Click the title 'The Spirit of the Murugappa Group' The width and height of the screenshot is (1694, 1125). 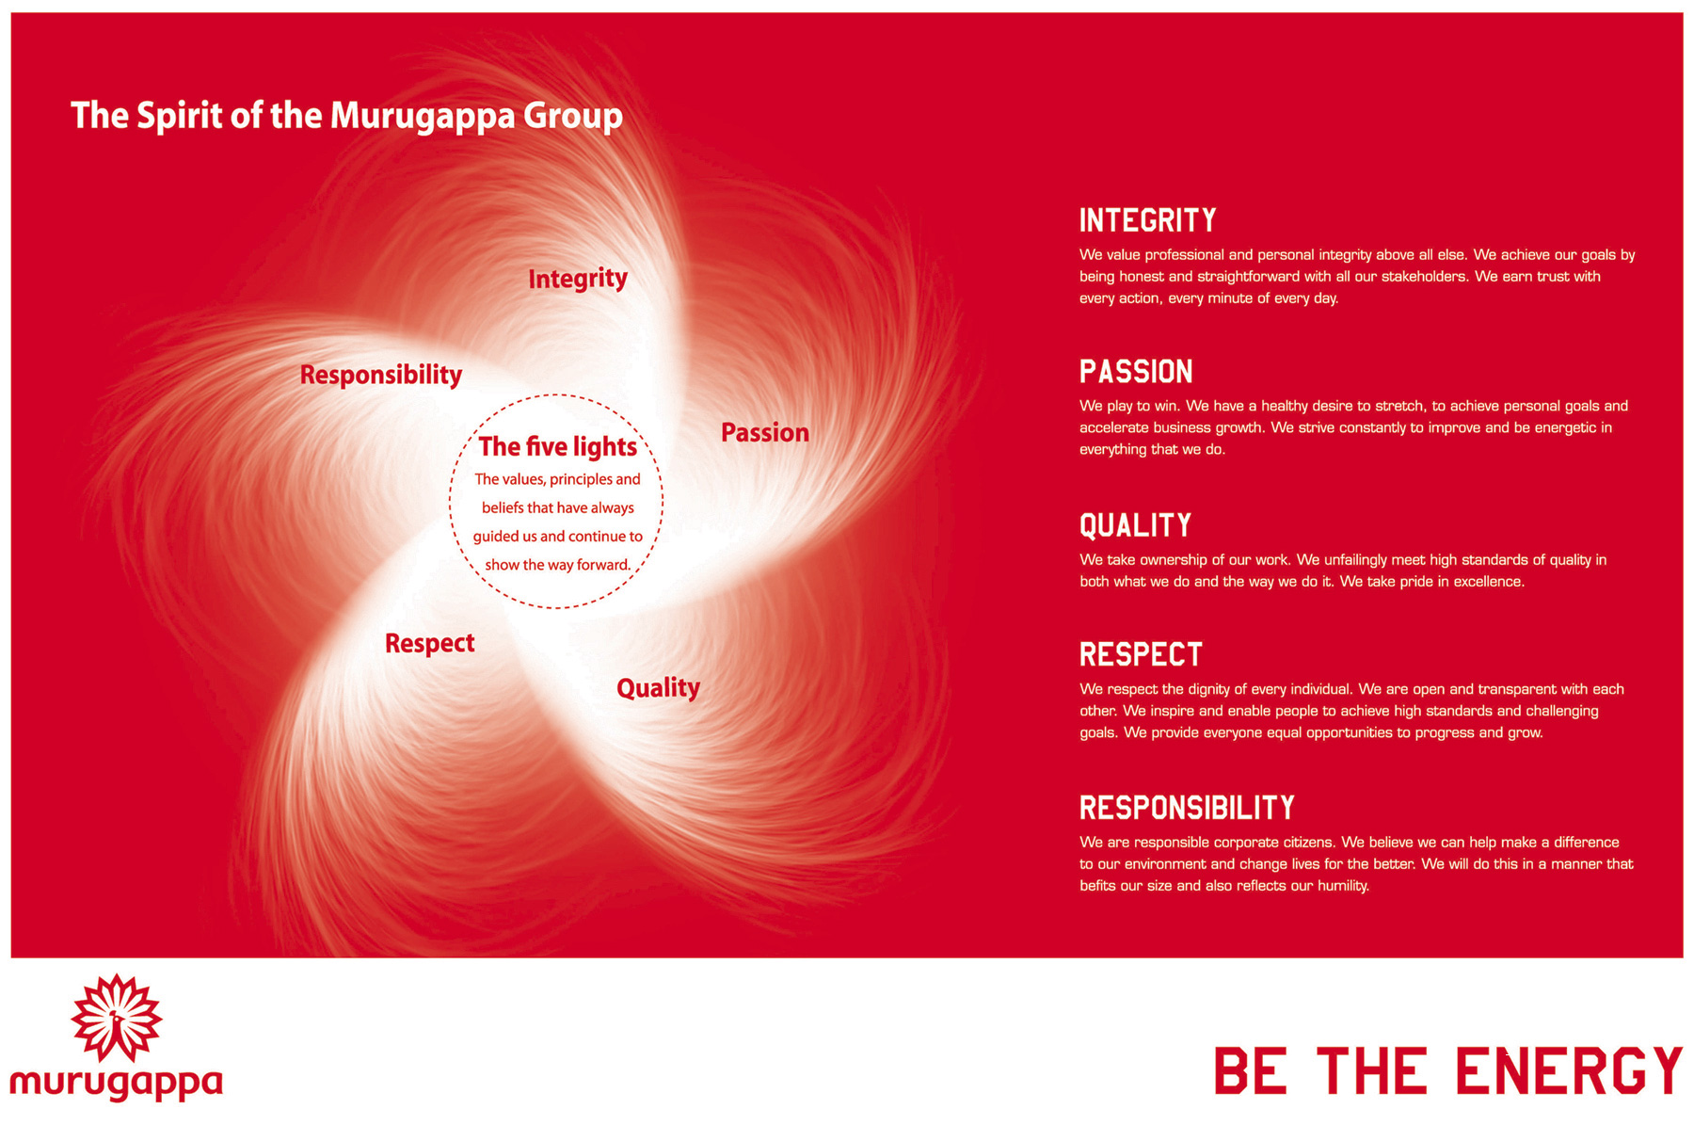click(346, 116)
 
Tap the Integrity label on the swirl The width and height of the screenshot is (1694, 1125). click(577, 279)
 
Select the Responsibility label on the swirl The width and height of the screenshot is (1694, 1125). click(380, 375)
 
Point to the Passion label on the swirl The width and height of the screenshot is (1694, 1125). click(764, 433)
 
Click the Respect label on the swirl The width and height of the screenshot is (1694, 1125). click(429, 643)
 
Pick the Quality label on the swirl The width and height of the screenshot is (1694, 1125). click(658, 688)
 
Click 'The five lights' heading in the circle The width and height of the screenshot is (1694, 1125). click(557, 446)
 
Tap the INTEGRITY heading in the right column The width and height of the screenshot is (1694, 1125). click(1147, 220)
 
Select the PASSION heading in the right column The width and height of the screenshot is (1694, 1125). click(1135, 372)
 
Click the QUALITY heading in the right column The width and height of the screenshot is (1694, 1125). click(1135, 525)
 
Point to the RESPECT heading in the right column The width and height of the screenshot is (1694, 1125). click(1141, 654)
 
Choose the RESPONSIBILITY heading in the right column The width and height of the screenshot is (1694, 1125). click(1187, 808)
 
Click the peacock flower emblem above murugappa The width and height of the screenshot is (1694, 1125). click(117, 1019)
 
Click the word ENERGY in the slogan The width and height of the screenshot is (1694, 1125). click(1567, 1071)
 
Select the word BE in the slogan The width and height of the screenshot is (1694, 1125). click(1250, 1071)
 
